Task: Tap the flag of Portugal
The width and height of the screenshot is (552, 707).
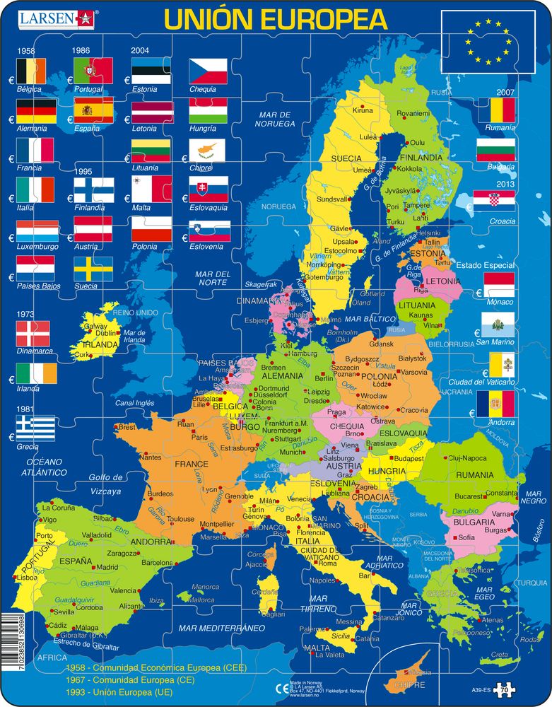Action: click(93, 71)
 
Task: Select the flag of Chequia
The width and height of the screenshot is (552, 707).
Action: click(208, 71)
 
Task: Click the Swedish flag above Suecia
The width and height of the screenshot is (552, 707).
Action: click(93, 269)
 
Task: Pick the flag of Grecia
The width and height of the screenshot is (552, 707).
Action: click(35, 428)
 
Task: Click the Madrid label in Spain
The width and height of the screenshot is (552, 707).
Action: click(107, 567)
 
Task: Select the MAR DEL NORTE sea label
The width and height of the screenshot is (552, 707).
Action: click(213, 278)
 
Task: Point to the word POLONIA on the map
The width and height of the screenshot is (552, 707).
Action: click(380, 377)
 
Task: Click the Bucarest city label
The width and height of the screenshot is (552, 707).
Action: click(468, 496)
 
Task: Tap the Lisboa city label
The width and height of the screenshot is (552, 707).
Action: click(26, 578)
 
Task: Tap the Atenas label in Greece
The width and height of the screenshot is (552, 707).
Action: click(491, 620)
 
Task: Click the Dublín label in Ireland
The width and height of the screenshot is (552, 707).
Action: click(105, 332)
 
